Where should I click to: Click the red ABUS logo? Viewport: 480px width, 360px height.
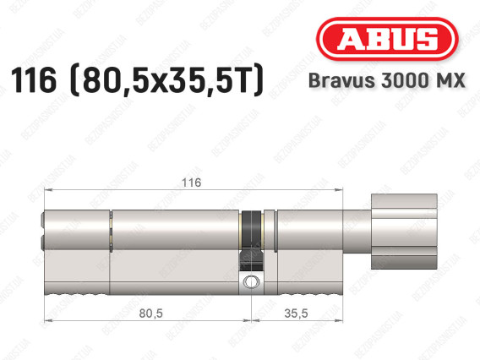tap(387, 39)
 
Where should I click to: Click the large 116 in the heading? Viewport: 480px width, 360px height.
tap(34, 80)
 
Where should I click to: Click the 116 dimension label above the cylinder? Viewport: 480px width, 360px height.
tap(192, 183)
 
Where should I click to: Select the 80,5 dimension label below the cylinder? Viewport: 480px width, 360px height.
tap(151, 314)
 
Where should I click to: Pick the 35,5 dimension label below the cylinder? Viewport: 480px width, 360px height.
tap(296, 314)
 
